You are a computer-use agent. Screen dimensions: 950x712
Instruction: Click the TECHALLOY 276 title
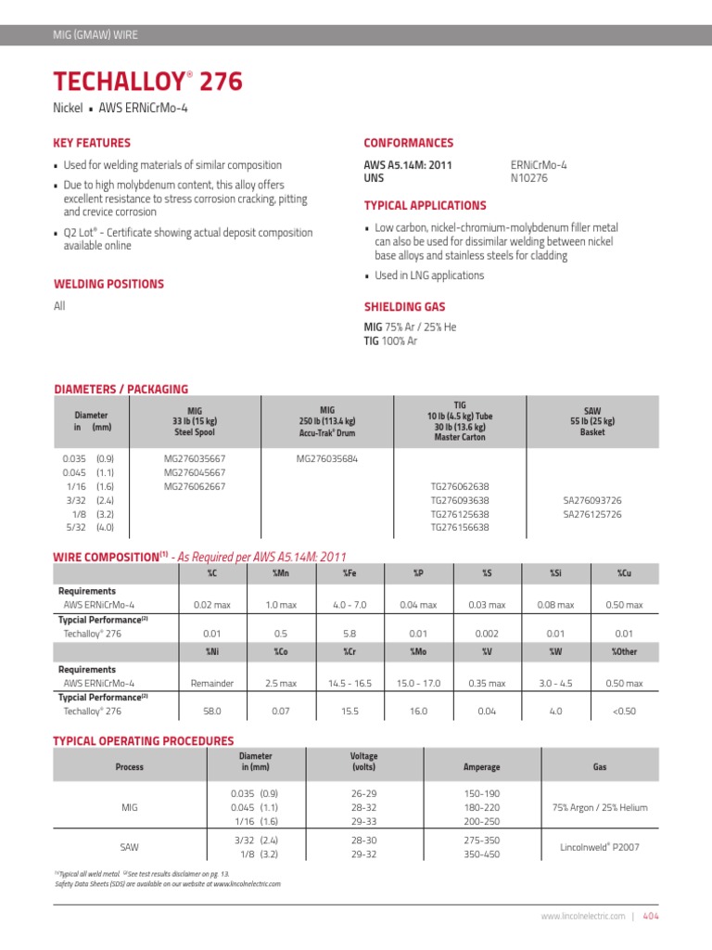tap(148, 83)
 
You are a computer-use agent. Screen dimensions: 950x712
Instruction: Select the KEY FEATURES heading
tap(92, 143)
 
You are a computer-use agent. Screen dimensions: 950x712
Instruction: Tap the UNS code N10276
tap(528, 178)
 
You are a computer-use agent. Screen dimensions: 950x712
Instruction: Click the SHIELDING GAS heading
tap(404, 307)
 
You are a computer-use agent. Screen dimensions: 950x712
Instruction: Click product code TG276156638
tap(460, 527)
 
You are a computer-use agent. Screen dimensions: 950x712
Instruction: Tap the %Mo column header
tap(418, 652)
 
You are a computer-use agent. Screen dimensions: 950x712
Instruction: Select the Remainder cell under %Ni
tap(212, 684)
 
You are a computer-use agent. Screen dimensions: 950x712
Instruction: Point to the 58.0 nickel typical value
tap(212, 712)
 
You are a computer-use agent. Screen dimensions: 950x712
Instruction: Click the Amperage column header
tap(481, 767)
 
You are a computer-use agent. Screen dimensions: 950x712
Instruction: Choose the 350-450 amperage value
tap(481, 854)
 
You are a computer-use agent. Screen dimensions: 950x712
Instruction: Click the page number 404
tap(650, 916)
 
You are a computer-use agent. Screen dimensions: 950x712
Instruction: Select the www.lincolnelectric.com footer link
tap(583, 916)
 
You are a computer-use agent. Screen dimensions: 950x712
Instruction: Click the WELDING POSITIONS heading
tap(108, 284)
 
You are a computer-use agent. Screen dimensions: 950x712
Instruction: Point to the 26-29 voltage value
tap(362, 794)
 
